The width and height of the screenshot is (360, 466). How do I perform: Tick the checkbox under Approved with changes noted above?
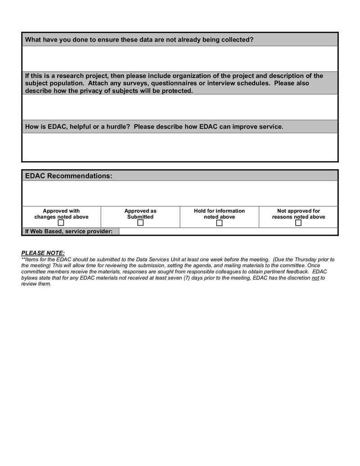pyautogui.click(x=61, y=223)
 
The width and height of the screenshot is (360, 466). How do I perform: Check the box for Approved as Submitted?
pyautogui.click(x=140, y=223)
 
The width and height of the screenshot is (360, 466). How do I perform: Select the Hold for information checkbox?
pyautogui.click(x=219, y=223)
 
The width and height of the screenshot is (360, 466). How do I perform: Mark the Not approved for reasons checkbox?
pyautogui.click(x=298, y=223)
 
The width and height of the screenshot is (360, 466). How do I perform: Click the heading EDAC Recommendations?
pyautogui.click(x=68, y=176)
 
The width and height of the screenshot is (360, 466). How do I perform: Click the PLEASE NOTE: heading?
pyautogui.click(x=43, y=253)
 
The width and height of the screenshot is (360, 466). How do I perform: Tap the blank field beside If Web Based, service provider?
pyautogui.click(x=228, y=231)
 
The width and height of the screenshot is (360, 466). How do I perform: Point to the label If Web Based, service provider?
pyautogui.click(x=69, y=231)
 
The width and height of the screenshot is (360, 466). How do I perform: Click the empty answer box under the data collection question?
pyautogui.click(x=180, y=59)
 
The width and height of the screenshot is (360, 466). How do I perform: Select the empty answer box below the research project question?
pyautogui.click(x=180, y=107)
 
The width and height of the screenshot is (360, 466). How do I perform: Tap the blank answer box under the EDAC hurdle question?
pyautogui.click(x=180, y=147)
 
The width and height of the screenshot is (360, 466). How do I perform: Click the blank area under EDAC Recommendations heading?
pyautogui.click(x=180, y=193)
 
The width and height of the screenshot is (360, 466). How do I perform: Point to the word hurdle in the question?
pyautogui.click(x=117, y=127)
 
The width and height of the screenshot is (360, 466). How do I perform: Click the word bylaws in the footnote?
pyautogui.click(x=30, y=278)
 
